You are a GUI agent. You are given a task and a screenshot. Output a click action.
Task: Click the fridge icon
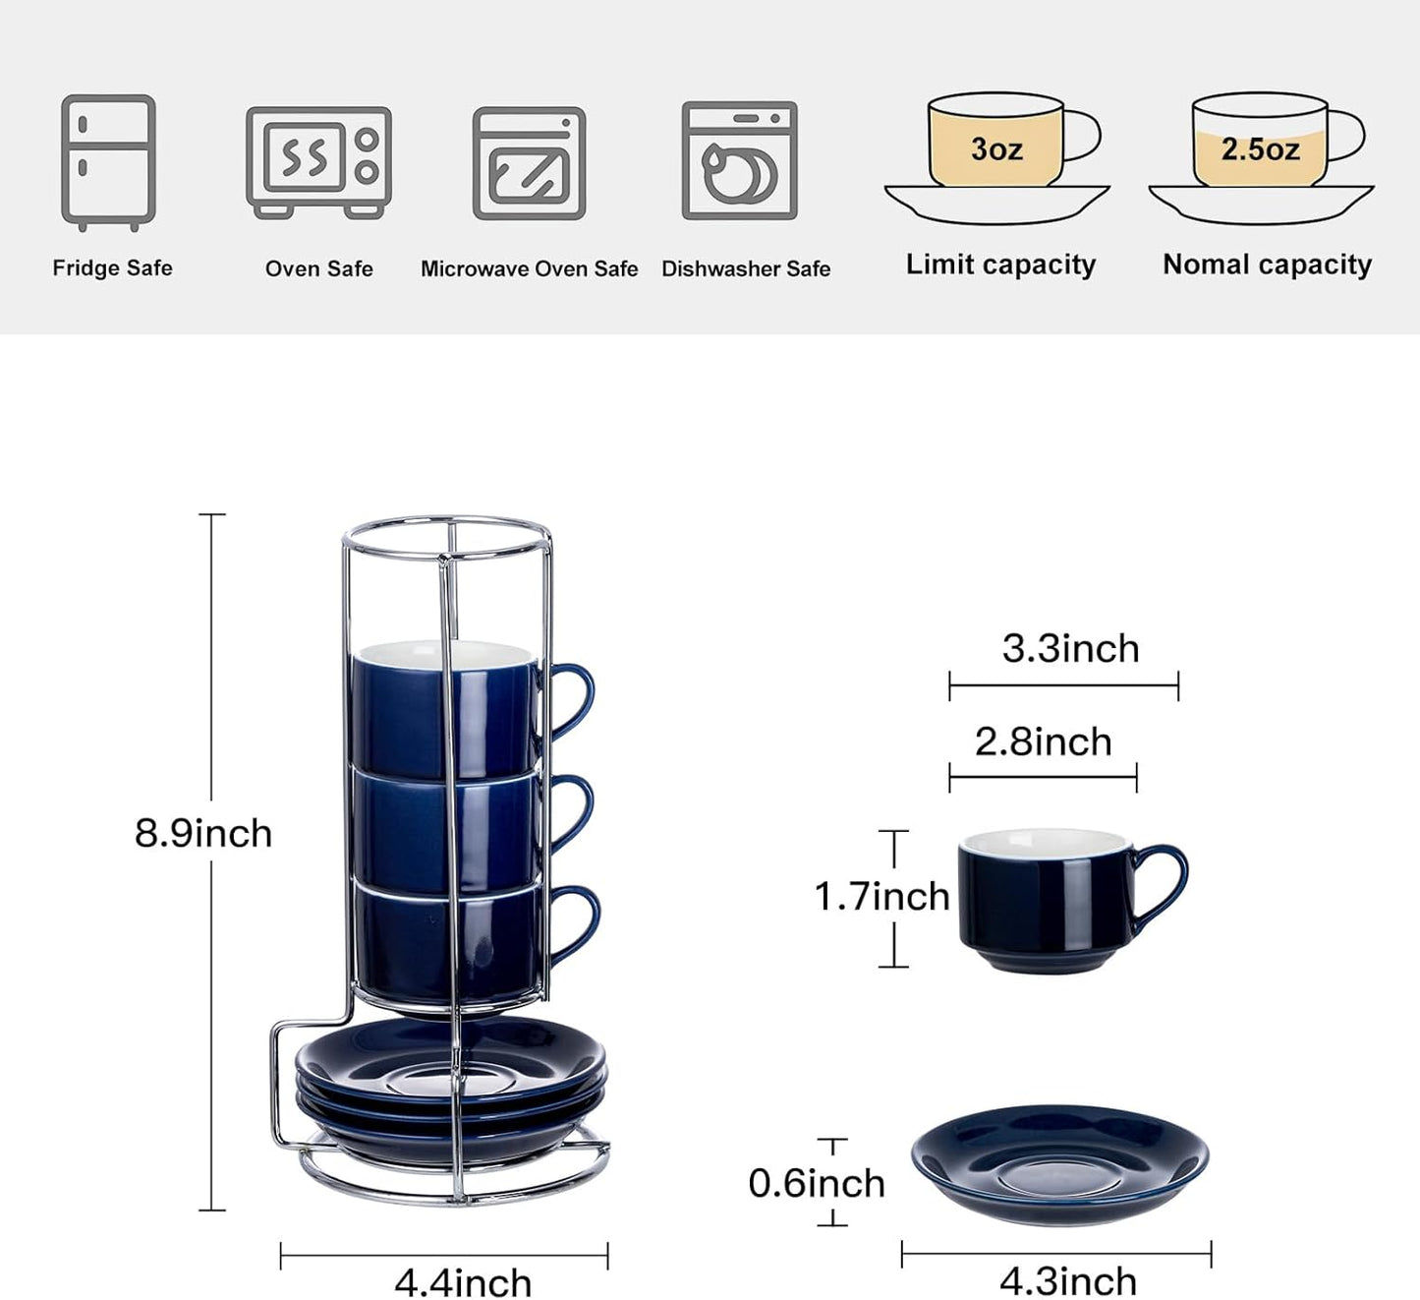pos(108,162)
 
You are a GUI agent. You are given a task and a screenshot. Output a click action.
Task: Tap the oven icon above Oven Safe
pos(318,162)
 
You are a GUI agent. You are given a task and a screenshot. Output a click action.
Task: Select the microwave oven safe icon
pos(529,163)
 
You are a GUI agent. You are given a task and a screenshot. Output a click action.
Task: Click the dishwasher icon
pos(739,161)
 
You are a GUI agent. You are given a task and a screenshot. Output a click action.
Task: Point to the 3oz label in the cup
pos(996,149)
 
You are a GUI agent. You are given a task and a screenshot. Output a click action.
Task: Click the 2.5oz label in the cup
pos(1260,149)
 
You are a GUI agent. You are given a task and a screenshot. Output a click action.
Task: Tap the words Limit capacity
pos(1000,265)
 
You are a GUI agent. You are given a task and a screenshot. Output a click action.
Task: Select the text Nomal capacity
pos(1267,265)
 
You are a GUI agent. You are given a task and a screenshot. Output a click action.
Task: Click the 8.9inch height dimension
pos(202,834)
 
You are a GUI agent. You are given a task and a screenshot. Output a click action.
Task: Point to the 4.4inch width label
pos(463,1282)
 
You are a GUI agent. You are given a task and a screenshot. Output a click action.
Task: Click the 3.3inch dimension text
pos(1070,649)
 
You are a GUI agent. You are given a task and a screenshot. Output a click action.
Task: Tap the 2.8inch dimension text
pos(1043,742)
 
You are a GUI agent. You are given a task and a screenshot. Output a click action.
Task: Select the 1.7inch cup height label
pos(881,897)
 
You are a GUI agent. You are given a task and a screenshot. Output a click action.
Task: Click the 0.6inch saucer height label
pos(817,1183)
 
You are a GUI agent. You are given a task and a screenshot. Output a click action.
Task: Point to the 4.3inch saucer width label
pos(1068,1281)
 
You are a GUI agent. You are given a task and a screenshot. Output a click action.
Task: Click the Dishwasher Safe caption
pos(745,269)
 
